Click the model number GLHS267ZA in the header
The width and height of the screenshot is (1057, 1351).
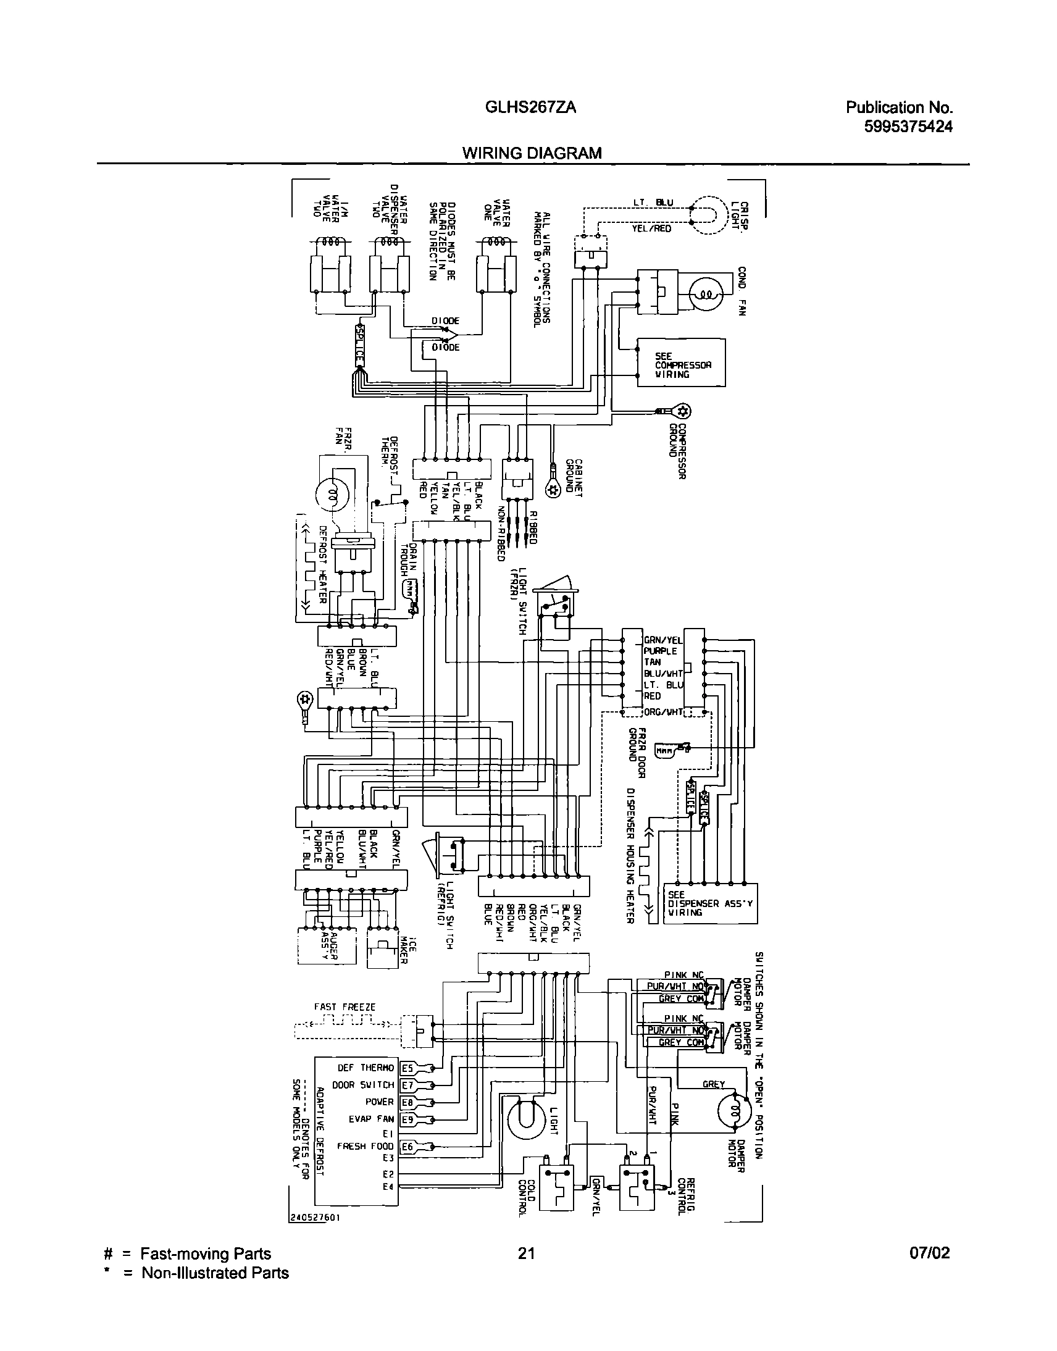530,107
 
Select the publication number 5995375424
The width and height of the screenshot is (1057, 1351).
908,127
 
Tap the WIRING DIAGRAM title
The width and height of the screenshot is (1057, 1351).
532,153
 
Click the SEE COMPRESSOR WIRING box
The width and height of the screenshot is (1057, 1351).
681,362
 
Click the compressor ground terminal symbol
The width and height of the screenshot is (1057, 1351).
683,411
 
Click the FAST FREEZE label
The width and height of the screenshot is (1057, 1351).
345,1007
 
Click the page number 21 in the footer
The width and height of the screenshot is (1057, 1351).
526,1253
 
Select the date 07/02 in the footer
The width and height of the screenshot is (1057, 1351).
930,1253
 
